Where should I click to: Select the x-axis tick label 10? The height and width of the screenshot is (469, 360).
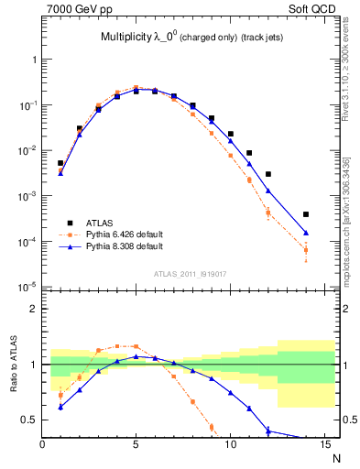tap(230, 444)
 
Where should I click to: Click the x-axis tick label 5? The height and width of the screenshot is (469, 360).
tap(136, 444)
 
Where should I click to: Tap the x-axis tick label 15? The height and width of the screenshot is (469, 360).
tap(323, 444)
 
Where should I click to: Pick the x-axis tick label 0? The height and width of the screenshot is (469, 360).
tap(42, 444)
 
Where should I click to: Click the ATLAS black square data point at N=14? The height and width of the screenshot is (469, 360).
tap(306, 214)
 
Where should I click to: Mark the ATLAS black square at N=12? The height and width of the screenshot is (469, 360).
tap(268, 174)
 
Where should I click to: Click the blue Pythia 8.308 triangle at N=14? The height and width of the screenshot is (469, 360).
tap(306, 233)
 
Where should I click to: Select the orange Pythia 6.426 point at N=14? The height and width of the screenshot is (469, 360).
tap(306, 250)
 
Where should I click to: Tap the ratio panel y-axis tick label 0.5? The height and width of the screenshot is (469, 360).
tap(30, 420)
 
